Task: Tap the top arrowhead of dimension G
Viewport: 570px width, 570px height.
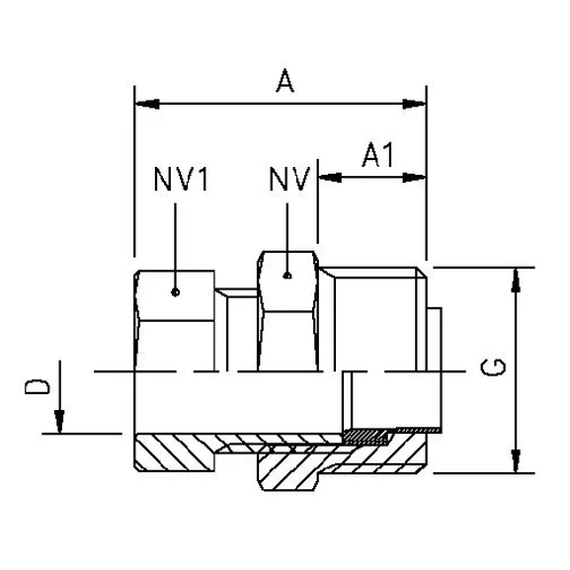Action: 513,276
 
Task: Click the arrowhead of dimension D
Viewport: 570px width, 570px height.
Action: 60,425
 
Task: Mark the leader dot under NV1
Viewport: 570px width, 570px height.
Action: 174,290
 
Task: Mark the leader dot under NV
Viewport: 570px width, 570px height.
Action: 287,277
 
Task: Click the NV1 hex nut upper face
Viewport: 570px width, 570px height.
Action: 174,296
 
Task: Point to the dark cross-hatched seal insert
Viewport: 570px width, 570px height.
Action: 367,435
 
